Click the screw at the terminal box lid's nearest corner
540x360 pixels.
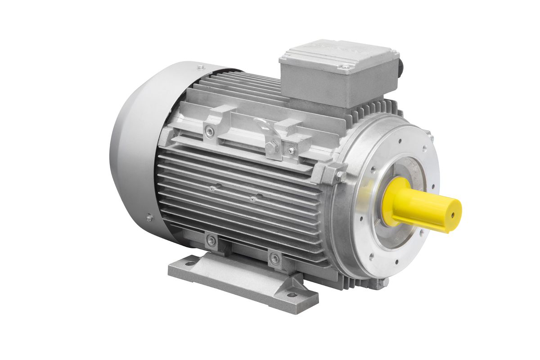click(x=346, y=67)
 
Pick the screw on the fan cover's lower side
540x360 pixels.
click(x=149, y=218)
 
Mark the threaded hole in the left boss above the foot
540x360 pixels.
click(x=211, y=241)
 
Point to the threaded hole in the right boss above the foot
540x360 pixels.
click(x=274, y=258)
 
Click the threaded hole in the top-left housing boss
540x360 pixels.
click(x=209, y=131)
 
